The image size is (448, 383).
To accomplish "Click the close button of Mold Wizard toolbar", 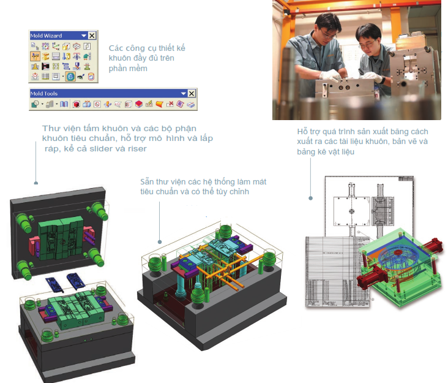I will point(92,36).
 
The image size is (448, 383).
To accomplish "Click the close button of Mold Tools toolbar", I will point(191,94).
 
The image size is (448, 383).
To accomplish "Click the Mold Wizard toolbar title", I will point(46,36).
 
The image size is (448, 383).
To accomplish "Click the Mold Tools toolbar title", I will point(43,94).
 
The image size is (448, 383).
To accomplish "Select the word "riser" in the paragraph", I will point(136,149).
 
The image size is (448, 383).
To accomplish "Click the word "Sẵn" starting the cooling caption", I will point(147,182).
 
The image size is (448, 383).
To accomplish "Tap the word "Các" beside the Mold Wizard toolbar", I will point(116,48).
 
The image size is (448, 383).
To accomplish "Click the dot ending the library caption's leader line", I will point(36,183).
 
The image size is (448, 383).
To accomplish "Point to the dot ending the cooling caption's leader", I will point(160,242).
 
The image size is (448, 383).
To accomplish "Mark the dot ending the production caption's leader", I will point(310,199).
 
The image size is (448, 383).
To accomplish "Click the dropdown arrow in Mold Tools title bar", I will point(182,94).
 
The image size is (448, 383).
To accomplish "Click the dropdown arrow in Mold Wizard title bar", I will point(84,36).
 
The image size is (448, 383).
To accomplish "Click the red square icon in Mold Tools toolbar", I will point(77,105).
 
